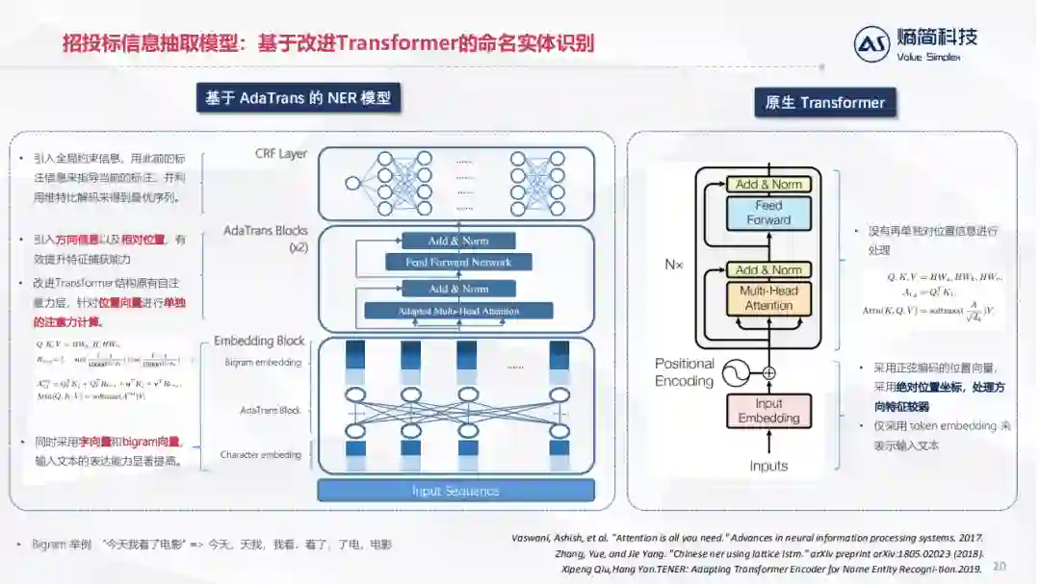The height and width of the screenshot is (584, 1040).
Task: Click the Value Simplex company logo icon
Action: pos(871,44)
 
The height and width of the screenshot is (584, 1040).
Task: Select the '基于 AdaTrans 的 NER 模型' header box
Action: pos(299,98)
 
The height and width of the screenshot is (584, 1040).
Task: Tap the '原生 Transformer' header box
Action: pos(825,103)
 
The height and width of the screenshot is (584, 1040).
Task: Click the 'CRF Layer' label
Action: pos(281,154)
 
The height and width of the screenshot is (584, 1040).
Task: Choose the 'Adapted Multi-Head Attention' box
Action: pos(458,311)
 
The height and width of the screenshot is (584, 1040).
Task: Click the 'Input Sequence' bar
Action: pos(455,491)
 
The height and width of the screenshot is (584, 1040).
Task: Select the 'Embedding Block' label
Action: pos(259,341)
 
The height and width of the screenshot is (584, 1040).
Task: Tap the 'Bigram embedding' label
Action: pos(263,363)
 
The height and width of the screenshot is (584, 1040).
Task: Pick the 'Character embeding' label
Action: pos(260,454)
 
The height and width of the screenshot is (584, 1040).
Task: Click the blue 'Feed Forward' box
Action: pos(767,213)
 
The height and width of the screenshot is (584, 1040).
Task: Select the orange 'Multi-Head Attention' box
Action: pos(767,298)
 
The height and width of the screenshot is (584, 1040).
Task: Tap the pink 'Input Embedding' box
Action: pos(768,411)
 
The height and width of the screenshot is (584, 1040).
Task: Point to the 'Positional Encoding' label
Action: pos(685,372)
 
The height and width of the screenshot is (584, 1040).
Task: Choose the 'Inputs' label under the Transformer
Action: pos(768,466)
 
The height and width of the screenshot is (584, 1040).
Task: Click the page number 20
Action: pos(999,566)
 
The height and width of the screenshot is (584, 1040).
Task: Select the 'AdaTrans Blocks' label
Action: pos(266,231)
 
